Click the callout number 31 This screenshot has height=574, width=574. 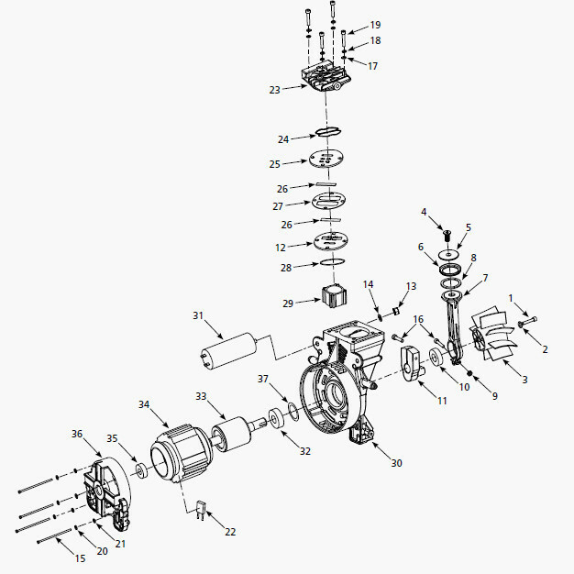197,316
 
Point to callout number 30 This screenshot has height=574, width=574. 396,463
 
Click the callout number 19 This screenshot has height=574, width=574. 375,24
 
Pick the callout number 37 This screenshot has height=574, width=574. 262,379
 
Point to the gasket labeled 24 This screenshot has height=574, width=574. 330,134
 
